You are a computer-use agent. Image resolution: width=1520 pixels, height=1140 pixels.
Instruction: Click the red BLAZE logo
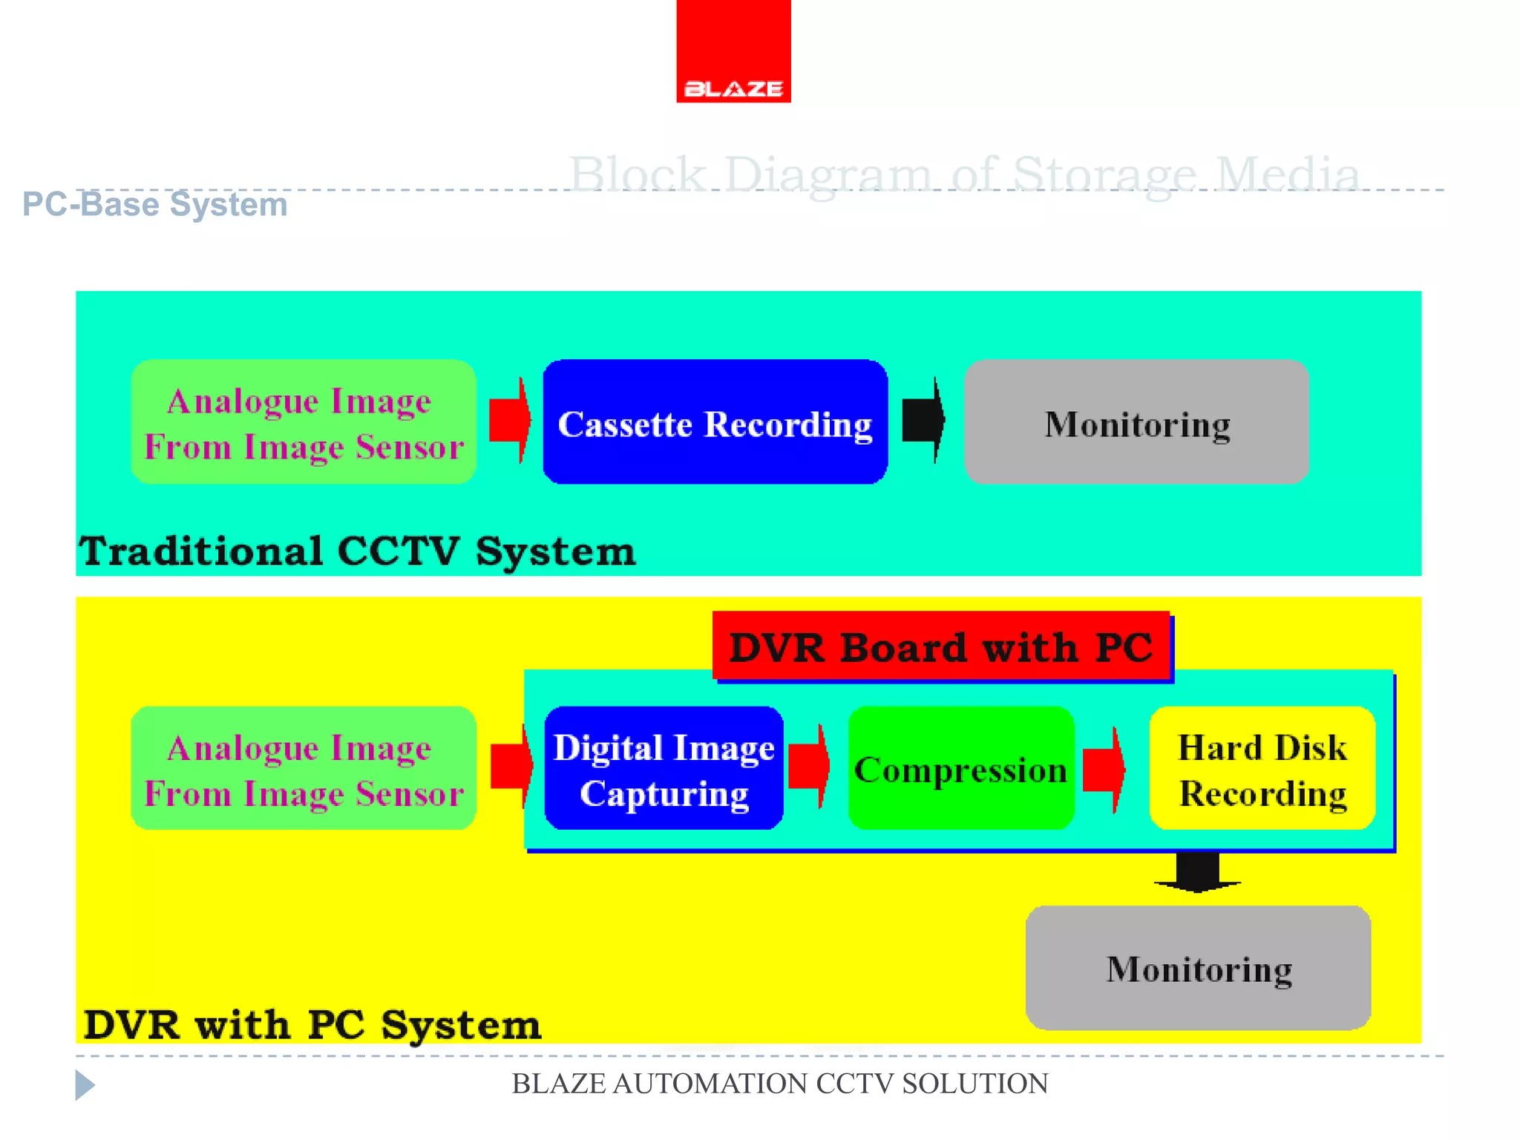[x=733, y=52]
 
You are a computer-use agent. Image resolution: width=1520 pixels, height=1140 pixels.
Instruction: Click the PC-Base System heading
[x=154, y=204]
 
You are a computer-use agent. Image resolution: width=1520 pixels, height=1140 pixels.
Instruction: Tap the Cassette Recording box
[x=715, y=422]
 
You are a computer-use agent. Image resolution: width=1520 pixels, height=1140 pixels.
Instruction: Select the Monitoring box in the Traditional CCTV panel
[x=1136, y=422]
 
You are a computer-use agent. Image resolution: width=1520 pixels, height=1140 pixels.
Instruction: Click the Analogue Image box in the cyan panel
[x=303, y=422]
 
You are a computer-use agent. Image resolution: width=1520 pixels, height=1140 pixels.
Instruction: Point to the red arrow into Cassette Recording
[x=511, y=420]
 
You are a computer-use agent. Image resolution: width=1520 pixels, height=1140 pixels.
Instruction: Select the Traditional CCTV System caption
[x=357, y=551]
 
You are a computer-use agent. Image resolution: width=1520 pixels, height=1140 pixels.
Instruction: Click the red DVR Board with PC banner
[x=941, y=646]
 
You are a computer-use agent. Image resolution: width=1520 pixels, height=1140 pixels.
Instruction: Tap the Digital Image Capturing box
[x=664, y=768]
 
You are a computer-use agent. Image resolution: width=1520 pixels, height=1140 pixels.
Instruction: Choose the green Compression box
[x=960, y=768]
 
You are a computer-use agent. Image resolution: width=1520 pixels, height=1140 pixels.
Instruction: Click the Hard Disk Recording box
[x=1262, y=768]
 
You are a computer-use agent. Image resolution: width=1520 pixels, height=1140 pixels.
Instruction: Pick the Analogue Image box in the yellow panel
[x=303, y=768]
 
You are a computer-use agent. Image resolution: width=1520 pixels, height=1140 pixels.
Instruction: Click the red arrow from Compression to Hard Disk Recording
[x=1104, y=770]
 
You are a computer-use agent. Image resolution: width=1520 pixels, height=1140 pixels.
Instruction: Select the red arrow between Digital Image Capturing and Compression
[x=809, y=767]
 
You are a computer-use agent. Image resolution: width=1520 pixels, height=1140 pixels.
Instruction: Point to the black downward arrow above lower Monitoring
[x=1197, y=872]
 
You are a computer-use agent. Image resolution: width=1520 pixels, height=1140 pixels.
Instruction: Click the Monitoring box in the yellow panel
[x=1198, y=968]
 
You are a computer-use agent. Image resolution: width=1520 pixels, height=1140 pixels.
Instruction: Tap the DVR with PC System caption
[x=312, y=1025]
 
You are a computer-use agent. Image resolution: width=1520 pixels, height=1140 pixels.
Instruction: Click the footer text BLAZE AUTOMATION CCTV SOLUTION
[x=779, y=1084]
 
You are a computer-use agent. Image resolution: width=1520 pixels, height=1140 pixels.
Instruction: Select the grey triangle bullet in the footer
[x=84, y=1085]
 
